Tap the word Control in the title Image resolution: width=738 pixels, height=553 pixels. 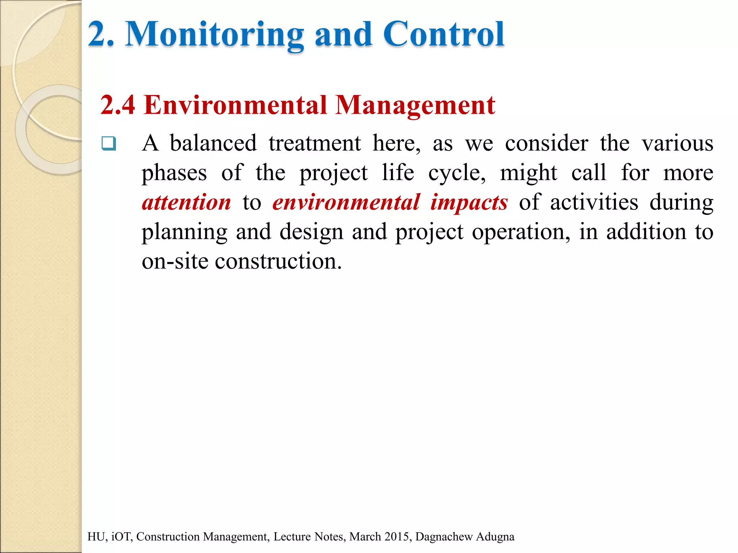tap(444, 35)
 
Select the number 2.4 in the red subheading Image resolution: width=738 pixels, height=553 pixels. tap(118, 105)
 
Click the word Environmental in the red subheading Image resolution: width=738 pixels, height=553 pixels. tap(235, 105)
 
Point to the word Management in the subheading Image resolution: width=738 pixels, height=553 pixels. tap(415, 105)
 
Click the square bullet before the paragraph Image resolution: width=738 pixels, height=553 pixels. tap(109, 144)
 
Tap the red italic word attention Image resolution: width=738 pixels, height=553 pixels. tap(186, 202)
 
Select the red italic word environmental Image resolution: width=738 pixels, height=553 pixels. tap(346, 202)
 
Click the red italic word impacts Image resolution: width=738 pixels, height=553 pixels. tap(469, 202)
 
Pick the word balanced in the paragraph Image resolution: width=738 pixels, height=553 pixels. tap(213, 143)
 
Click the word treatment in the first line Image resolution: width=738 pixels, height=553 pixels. tap(315, 143)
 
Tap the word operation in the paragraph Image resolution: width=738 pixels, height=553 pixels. tap(521, 232)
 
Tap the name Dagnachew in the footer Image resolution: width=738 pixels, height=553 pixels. tap(444, 537)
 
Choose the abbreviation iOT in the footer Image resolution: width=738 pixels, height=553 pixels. tap(122, 537)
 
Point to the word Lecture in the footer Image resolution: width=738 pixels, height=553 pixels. tap(291, 537)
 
